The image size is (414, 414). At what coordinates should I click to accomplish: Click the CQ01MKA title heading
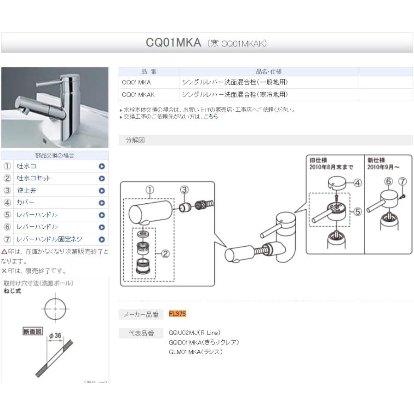pyautogui.click(x=173, y=43)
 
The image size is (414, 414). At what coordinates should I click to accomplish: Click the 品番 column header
pyautogui.click(x=149, y=72)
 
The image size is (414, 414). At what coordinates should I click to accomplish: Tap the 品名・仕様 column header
pyautogui.click(x=269, y=72)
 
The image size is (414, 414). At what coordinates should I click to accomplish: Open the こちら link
pyautogui.click(x=211, y=117)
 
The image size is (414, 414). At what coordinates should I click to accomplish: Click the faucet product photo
pyautogui.click(x=55, y=107)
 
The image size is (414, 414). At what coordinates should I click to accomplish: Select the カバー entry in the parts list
pyautogui.click(x=26, y=202)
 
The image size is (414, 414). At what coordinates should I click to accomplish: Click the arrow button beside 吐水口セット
pyautogui.click(x=102, y=178)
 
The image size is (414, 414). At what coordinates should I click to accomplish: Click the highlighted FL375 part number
pyautogui.click(x=178, y=314)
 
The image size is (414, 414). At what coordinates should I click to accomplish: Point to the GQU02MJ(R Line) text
pyautogui.click(x=195, y=333)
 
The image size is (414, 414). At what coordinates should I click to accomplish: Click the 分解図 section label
pyautogui.click(x=135, y=141)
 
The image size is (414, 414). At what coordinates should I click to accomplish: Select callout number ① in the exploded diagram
pyautogui.click(x=149, y=190)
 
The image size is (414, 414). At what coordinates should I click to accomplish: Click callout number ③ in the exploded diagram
pyautogui.click(x=184, y=190)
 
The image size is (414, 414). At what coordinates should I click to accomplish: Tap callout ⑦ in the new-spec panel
pyautogui.click(x=402, y=181)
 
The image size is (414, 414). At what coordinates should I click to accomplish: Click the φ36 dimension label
pyautogui.click(x=55, y=335)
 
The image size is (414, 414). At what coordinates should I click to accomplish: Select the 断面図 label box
pyautogui.click(x=33, y=331)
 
